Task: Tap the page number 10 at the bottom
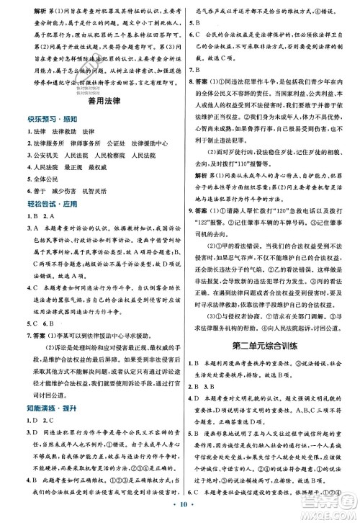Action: [179, 510]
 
